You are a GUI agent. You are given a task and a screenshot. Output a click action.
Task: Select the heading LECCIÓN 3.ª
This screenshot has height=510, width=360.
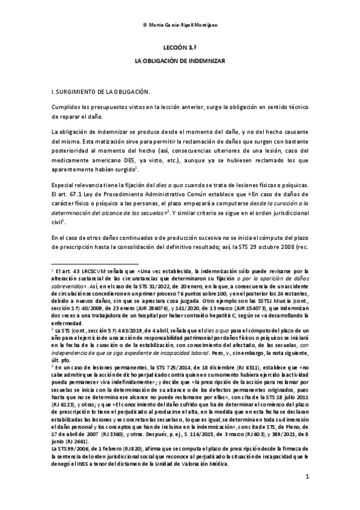[180, 46]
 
